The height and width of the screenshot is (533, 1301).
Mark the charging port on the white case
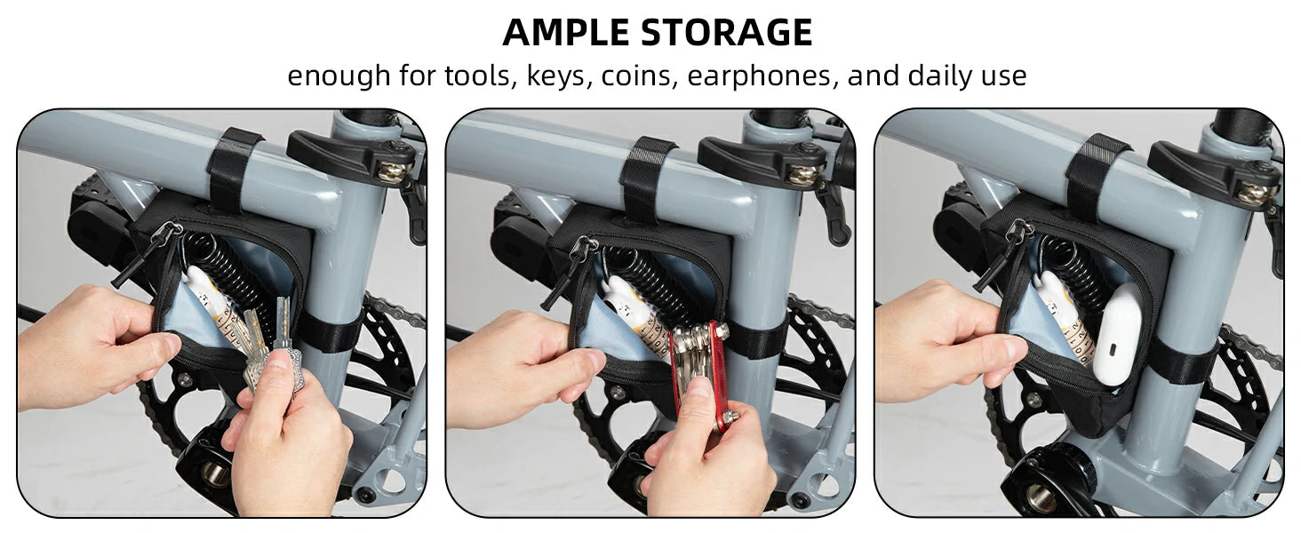pyautogui.click(x=1113, y=350)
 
